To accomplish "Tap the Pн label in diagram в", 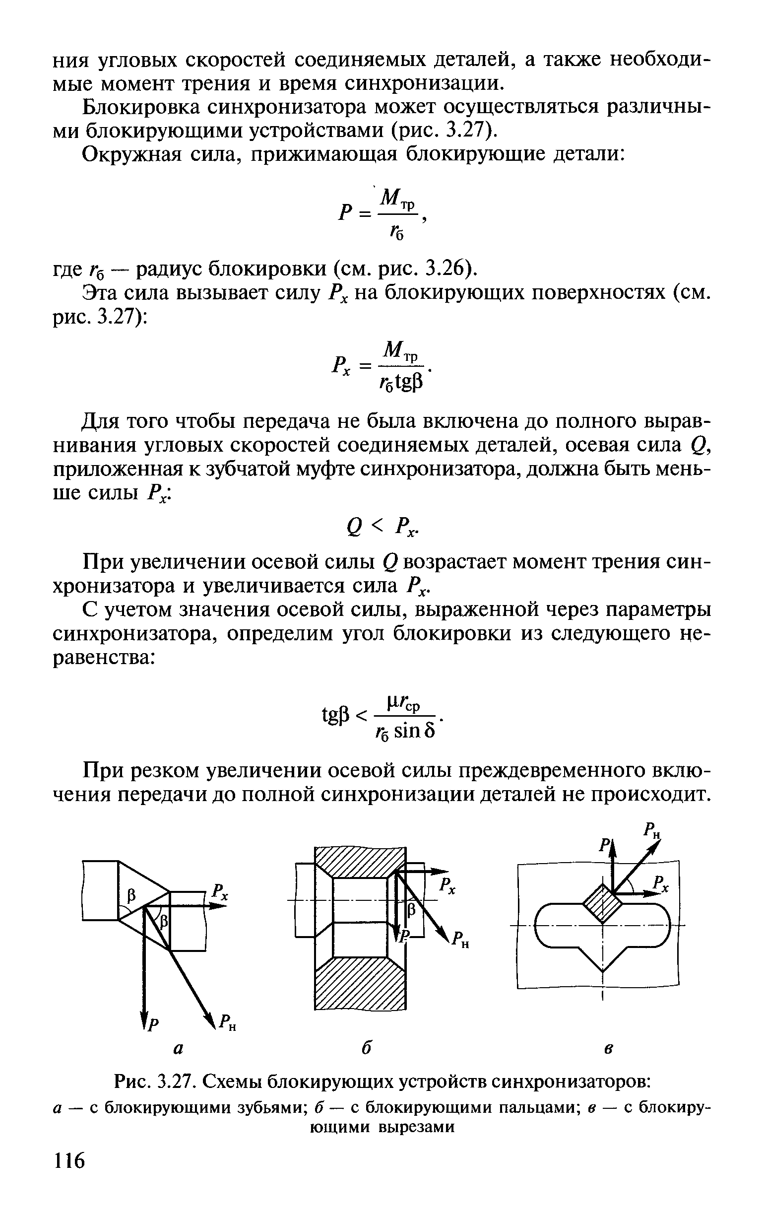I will [652, 831].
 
